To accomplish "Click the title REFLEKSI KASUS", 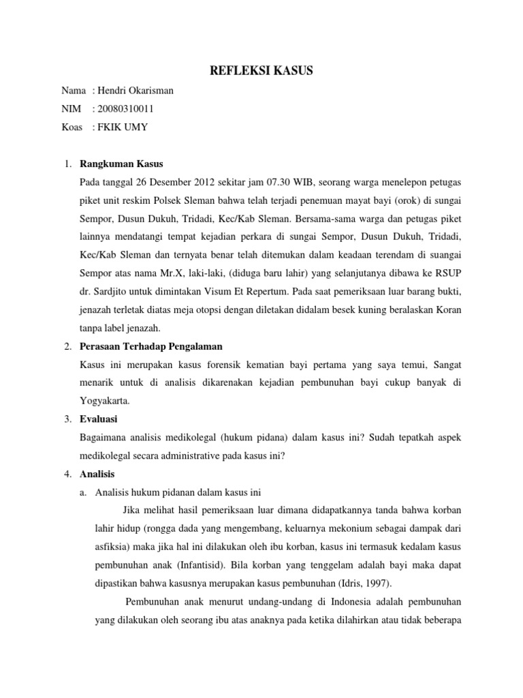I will (261, 70).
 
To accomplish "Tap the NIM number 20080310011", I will (127, 109).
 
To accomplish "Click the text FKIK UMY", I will (123, 127).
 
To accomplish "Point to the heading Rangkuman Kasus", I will (121, 164).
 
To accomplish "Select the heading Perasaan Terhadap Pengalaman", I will (150, 347).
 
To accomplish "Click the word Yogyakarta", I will (104, 401).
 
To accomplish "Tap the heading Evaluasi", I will (99, 419).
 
